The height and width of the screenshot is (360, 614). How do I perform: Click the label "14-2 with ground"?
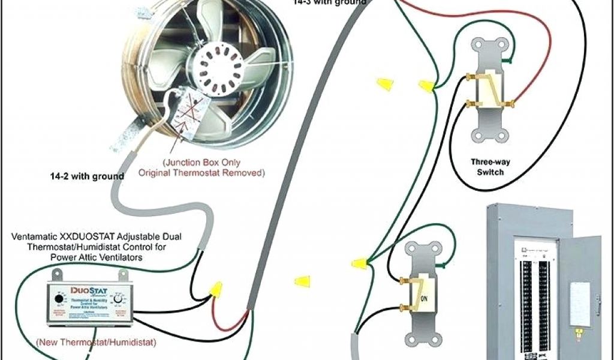tap(87, 176)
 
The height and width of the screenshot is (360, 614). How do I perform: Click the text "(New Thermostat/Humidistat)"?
tap(97, 343)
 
